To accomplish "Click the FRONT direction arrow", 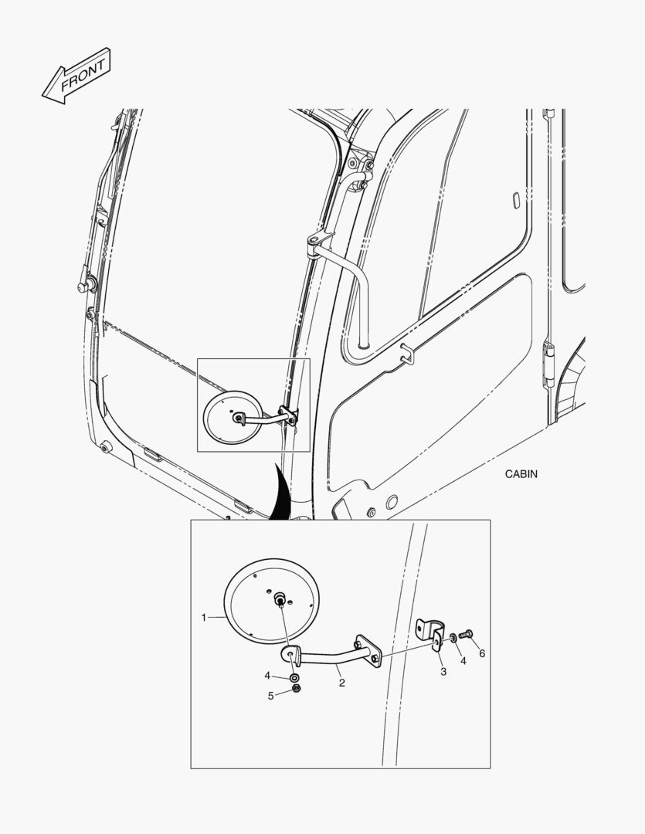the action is (x=76, y=76).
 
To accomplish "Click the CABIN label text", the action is (x=521, y=473).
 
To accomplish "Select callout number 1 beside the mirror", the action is (x=203, y=618).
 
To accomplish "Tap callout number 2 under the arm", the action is (x=341, y=683).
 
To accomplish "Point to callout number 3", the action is (x=443, y=671).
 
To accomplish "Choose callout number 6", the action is (x=482, y=653).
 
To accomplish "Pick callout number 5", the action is (x=270, y=696).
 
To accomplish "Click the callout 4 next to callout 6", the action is (x=463, y=660).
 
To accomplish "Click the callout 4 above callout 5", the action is (x=267, y=676).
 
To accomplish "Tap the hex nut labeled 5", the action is (x=297, y=690).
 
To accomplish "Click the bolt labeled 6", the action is (x=466, y=634).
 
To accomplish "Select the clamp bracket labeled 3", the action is (x=429, y=633).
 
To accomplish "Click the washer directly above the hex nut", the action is (x=294, y=678).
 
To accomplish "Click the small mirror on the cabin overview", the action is (x=233, y=417).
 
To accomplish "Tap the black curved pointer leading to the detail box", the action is (x=281, y=492).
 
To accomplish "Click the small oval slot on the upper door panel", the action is (x=515, y=200).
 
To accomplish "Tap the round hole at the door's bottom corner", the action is (x=392, y=502).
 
